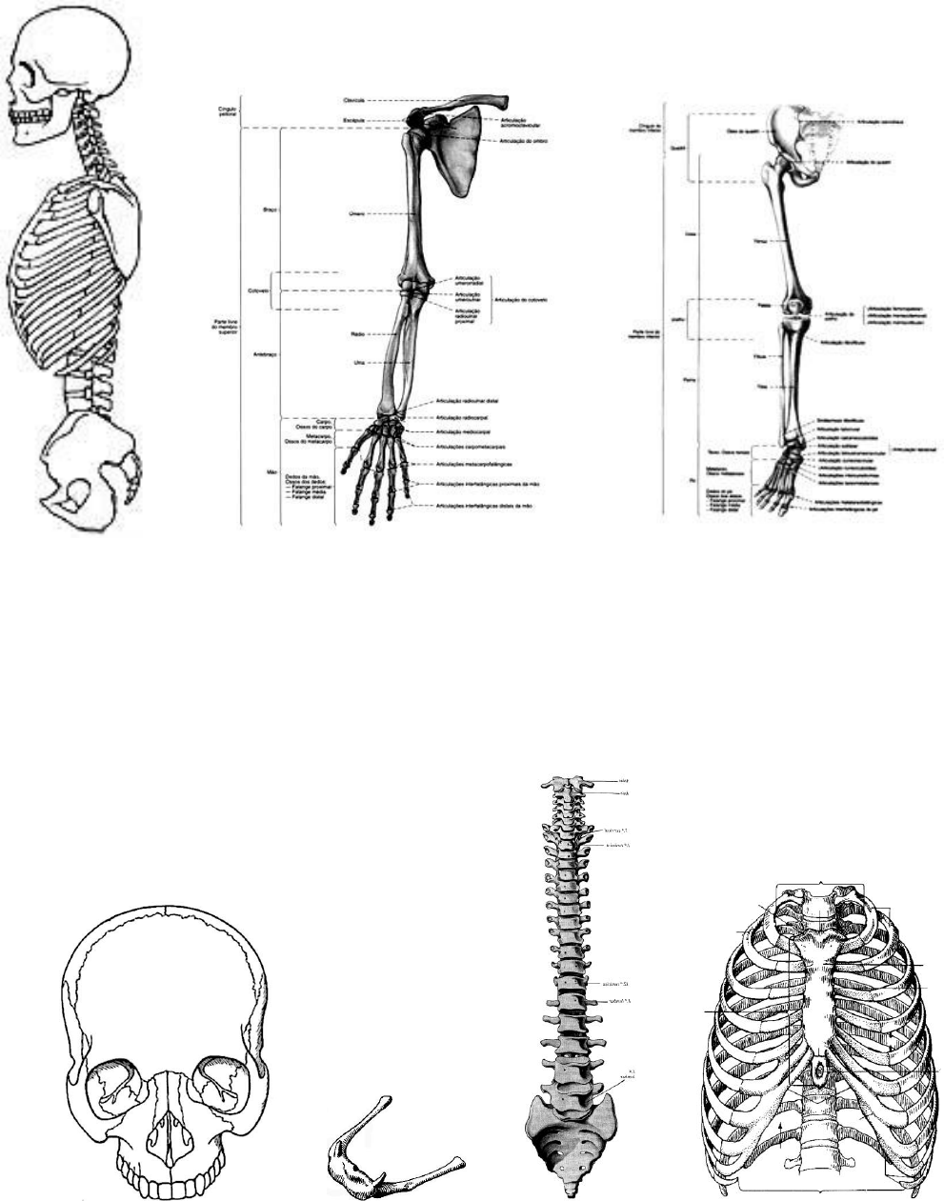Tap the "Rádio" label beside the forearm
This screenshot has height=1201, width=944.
357,334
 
